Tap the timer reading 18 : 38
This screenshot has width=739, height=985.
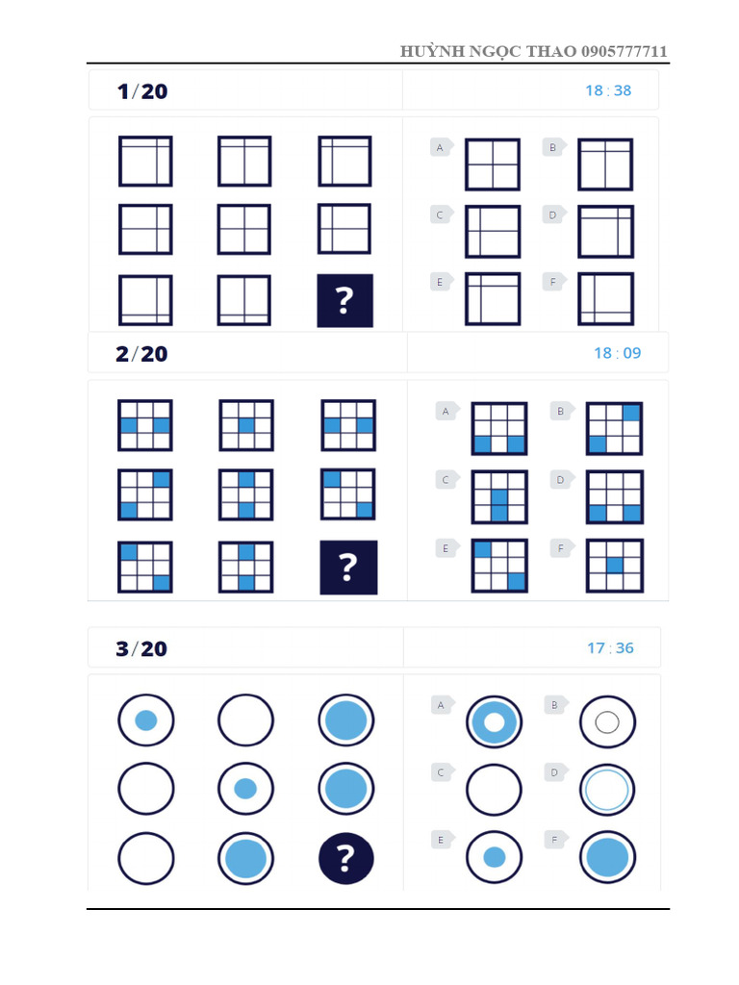pyautogui.click(x=608, y=90)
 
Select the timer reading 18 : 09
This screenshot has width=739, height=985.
pyautogui.click(x=617, y=353)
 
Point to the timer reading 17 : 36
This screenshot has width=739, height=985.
pyautogui.click(x=610, y=648)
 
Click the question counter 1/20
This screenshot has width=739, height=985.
pyautogui.click(x=141, y=91)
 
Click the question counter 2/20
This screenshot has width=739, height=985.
pyautogui.click(x=141, y=354)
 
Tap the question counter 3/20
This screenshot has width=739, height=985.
pyautogui.click(x=141, y=649)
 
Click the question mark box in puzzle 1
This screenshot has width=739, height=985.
pyautogui.click(x=345, y=300)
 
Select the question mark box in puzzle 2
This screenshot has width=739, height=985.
pyautogui.click(x=348, y=568)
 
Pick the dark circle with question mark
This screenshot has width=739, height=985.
pyautogui.click(x=346, y=858)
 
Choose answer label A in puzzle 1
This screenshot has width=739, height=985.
pyautogui.click(x=441, y=147)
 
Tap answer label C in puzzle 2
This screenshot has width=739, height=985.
pyautogui.click(x=445, y=479)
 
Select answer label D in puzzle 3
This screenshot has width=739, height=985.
pyautogui.click(x=553, y=771)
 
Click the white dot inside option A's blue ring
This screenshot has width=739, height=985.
pyautogui.click(x=495, y=722)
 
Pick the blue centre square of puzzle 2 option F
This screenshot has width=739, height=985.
pyautogui.click(x=615, y=565)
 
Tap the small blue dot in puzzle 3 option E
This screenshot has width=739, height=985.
pyautogui.click(x=495, y=857)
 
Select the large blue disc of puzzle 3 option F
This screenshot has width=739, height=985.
pyautogui.click(x=607, y=857)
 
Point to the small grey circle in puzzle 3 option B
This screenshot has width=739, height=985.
pyautogui.click(x=606, y=722)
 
